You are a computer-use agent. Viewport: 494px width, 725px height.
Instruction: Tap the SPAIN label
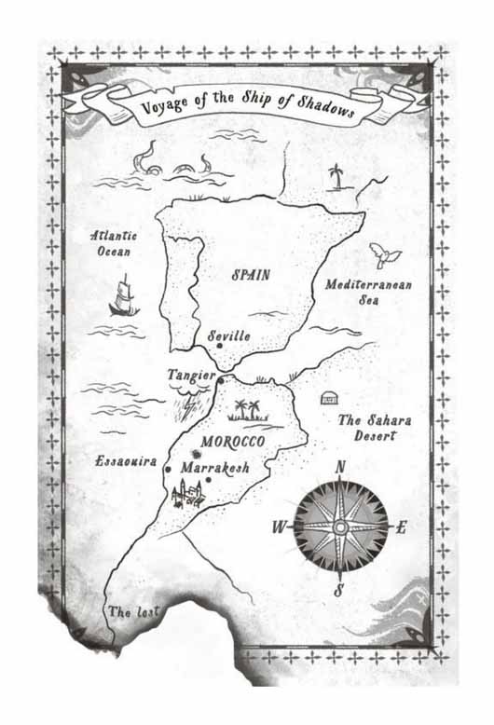pyautogui.click(x=251, y=275)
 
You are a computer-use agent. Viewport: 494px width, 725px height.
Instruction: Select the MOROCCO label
pyautogui.click(x=232, y=441)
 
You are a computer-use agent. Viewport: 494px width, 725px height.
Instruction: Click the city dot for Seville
pyautogui.click(x=219, y=347)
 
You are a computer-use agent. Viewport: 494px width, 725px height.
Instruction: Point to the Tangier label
pyautogui.click(x=190, y=375)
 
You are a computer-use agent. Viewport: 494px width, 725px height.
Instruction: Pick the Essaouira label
pyautogui.click(x=125, y=460)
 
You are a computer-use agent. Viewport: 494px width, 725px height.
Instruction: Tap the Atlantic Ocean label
pyautogui.click(x=114, y=244)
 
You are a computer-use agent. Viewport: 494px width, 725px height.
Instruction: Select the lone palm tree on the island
pyautogui.click(x=336, y=174)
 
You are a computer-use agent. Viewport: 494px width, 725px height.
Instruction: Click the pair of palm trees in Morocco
pyautogui.click(x=247, y=410)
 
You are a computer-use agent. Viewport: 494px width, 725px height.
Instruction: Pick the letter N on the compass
pyautogui.click(x=340, y=468)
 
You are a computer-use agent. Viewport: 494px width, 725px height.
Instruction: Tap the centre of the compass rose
pyautogui.click(x=341, y=527)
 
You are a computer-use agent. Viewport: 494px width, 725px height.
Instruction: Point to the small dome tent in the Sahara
pyautogui.click(x=328, y=398)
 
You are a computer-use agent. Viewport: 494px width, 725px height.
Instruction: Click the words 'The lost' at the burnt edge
pyautogui.click(x=133, y=612)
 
